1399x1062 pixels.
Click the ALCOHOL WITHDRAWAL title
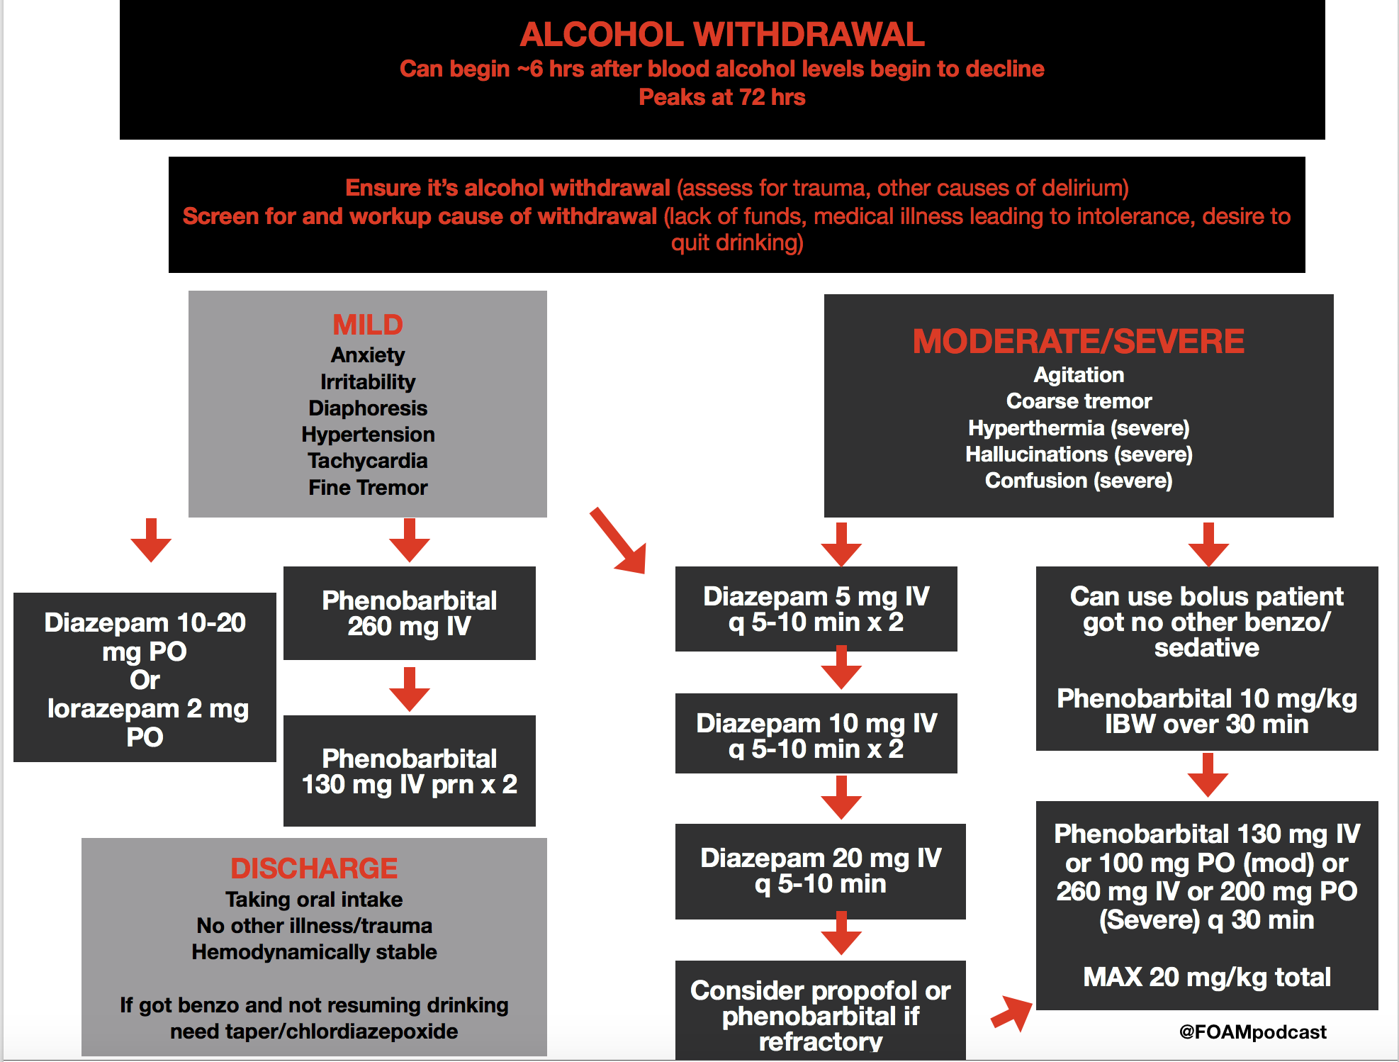click(x=722, y=35)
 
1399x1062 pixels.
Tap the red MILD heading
click(x=368, y=325)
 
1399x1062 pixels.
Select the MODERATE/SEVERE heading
click(x=1078, y=341)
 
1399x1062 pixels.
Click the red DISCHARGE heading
click(x=314, y=868)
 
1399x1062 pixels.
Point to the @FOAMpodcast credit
click(x=1252, y=1032)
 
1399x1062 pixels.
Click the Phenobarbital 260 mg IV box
click(x=410, y=613)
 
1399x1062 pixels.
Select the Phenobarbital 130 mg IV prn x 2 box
click(x=410, y=771)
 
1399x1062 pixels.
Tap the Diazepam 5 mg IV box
click(x=816, y=609)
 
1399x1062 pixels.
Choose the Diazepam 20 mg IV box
click(x=821, y=871)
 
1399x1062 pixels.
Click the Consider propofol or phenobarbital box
click(x=821, y=1011)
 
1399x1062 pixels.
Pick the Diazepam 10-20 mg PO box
click(x=145, y=678)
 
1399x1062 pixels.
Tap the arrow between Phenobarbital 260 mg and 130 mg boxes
click(x=410, y=689)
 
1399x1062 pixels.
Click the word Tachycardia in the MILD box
click(x=368, y=461)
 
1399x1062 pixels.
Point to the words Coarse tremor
click(x=1079, y=401)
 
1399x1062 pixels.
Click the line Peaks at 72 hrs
click(x=722, y=97)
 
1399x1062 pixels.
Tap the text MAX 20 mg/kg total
click(x=1207, y=977)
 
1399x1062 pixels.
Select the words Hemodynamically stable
click(x=314, y=952)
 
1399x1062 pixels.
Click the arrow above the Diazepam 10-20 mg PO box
click(x=151, y=540)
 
